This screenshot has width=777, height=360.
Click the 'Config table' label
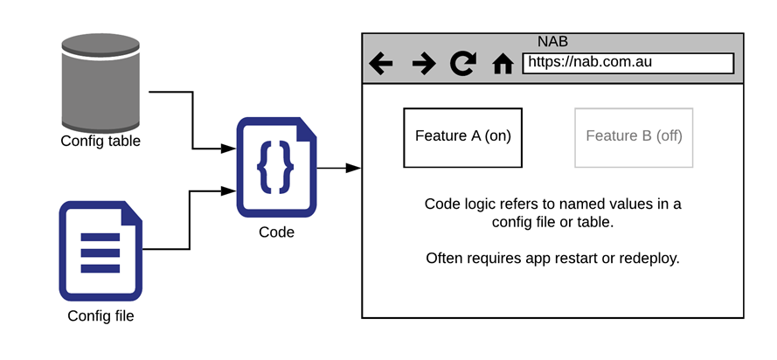(101, 141)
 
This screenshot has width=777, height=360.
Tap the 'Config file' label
(101, 315)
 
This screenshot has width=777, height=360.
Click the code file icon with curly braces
(276, 166)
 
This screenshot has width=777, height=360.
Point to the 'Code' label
(276, 232)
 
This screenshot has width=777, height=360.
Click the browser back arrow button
(381, 64)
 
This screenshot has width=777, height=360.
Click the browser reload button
(461, 64)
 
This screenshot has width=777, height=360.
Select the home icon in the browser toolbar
(503, 64)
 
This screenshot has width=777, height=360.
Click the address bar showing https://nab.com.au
(627, 63)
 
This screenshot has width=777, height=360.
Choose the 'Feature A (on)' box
(462, 136)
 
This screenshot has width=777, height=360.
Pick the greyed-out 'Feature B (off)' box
(634, 136)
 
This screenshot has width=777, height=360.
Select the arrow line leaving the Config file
(188, 218)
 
